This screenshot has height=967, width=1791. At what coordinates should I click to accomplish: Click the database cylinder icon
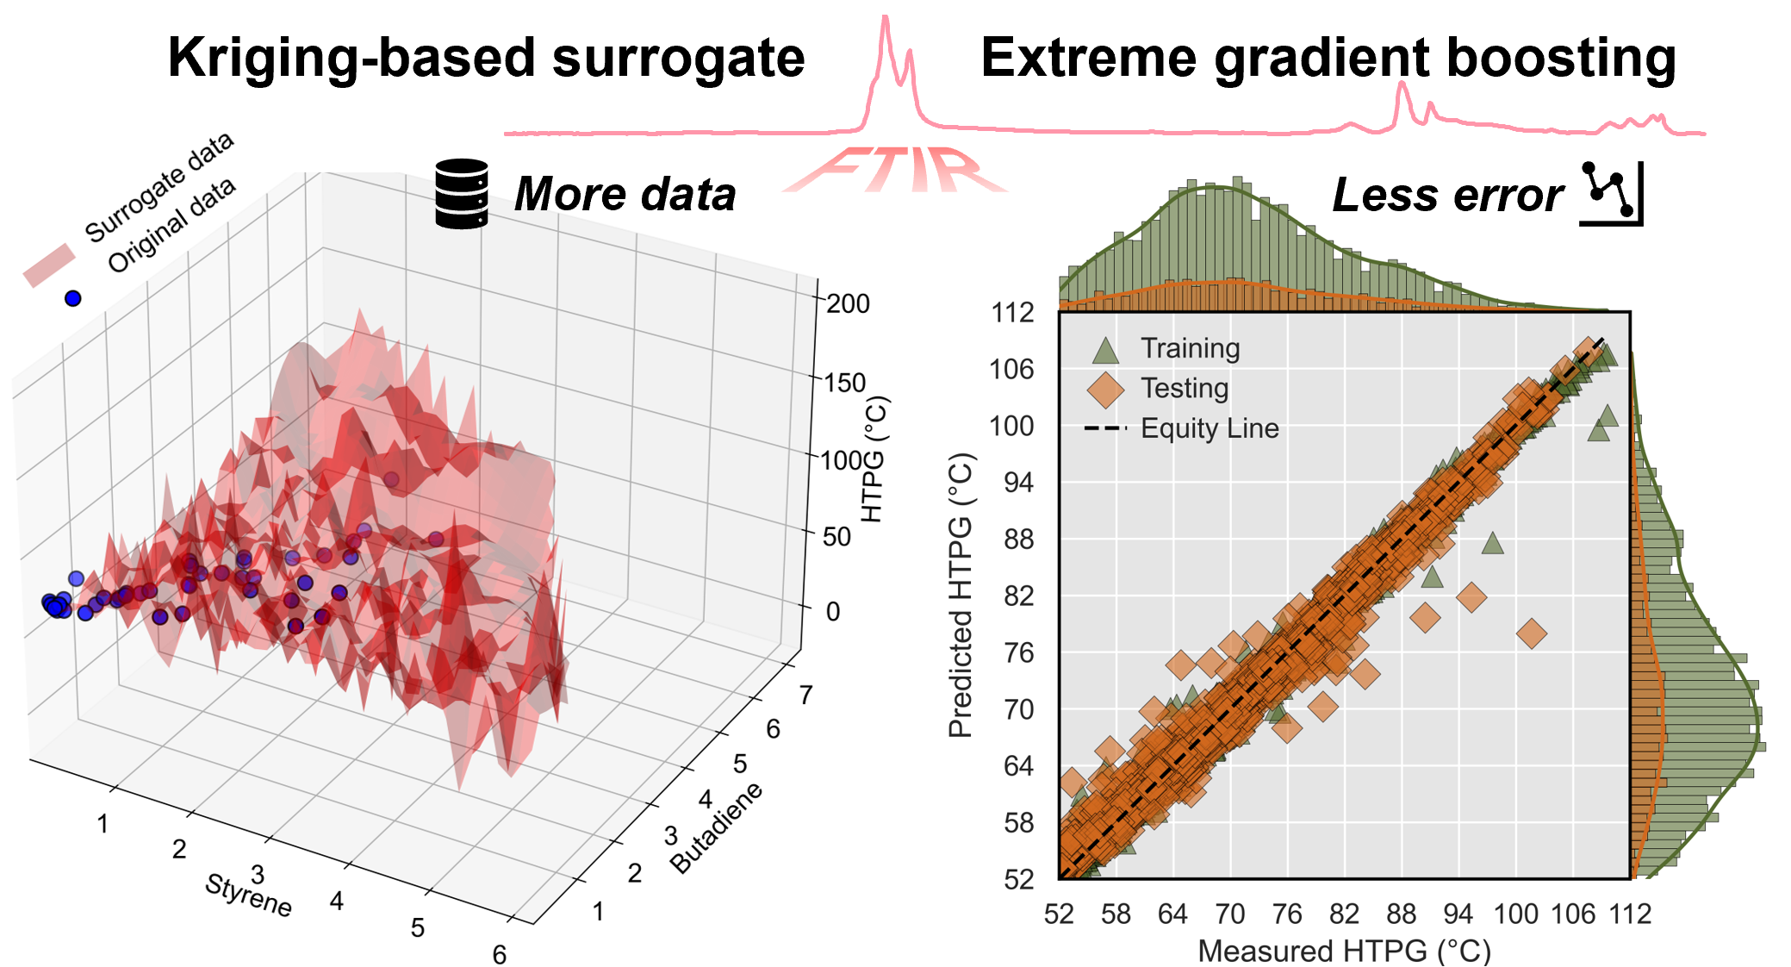[462, 193]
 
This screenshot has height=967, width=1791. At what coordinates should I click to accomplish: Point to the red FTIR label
[896, 170]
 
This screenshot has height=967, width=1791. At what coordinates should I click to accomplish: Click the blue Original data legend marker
[73, 298]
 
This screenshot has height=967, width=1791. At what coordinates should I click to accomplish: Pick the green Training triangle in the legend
[1105, 350]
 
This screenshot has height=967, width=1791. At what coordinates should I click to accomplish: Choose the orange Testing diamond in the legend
[1105, 390]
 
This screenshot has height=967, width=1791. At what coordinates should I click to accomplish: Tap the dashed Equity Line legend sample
[1105, 428]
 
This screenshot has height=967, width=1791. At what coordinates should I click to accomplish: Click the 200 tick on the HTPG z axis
[848, 303]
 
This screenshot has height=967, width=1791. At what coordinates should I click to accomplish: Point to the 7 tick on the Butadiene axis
[805, 695]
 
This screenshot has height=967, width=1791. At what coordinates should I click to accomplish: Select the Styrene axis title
[248, 895]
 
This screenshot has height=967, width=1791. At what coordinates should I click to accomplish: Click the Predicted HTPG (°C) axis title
[960, 596]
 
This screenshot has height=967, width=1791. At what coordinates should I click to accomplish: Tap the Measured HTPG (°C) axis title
[1344, 951]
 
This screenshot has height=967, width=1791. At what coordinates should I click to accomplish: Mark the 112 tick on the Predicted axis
[1012, 313]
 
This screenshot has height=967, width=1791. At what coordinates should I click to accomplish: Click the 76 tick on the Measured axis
[1287, 914]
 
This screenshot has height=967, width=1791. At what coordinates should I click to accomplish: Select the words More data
[625, 194]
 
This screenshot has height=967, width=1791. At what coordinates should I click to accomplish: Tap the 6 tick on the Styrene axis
[500, 954]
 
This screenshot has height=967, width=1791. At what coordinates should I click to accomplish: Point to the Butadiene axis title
[717, 828]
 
